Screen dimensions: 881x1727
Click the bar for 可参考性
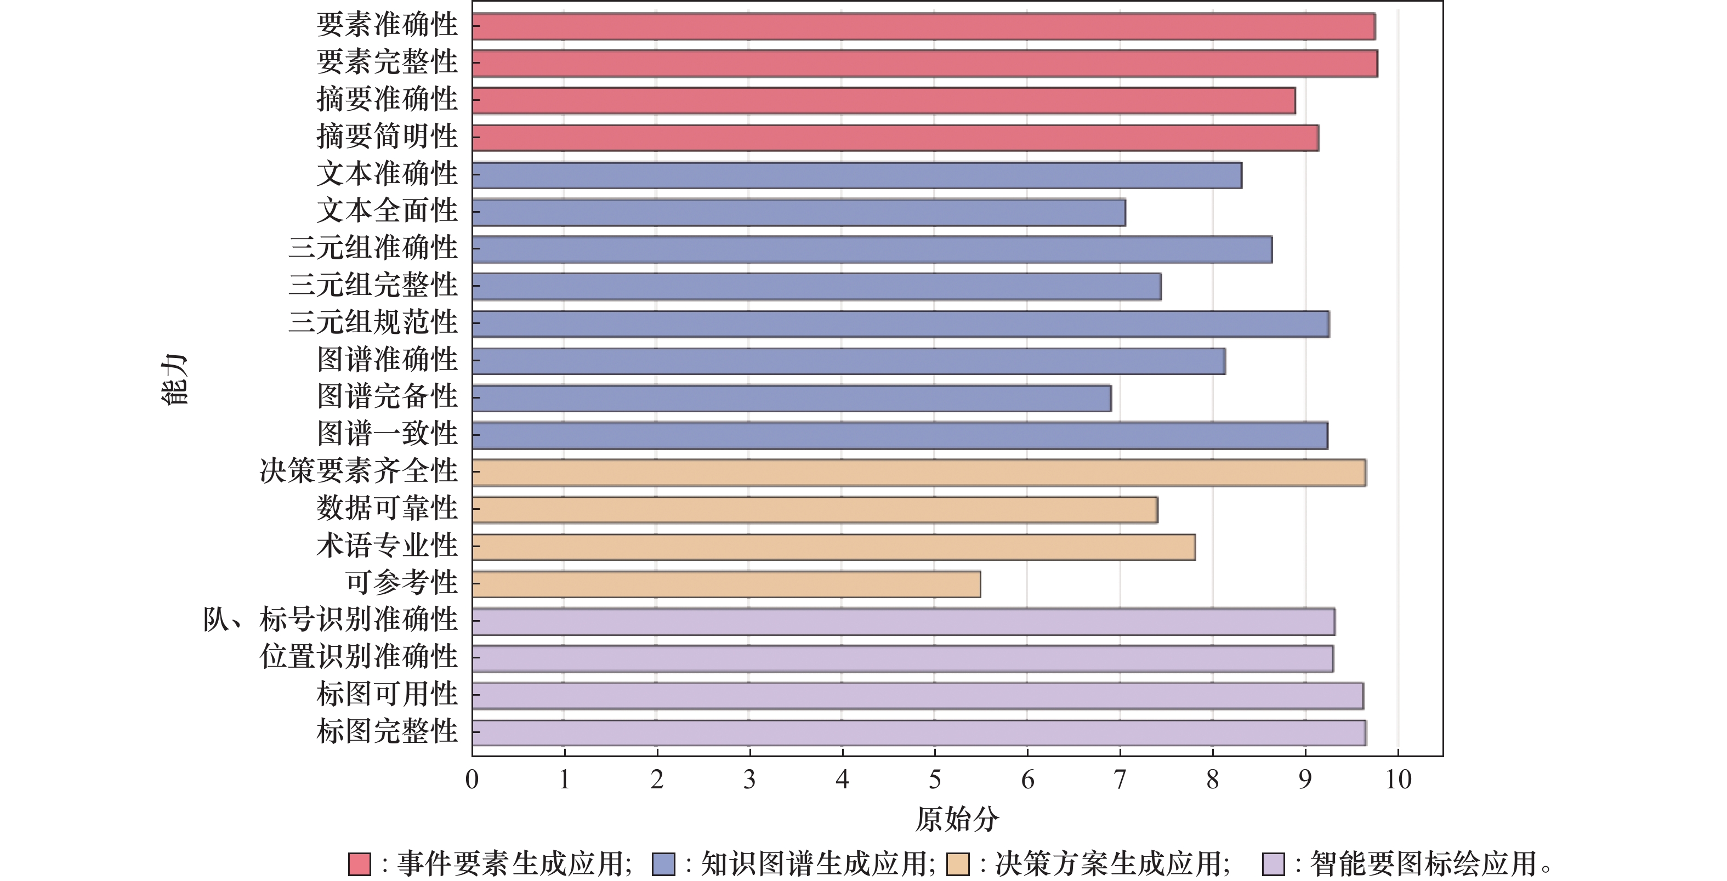coord(726,584)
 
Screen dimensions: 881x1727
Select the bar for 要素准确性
coord(923,27)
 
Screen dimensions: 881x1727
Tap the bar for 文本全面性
coord(798,213)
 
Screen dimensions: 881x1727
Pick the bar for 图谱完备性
coord(791,398)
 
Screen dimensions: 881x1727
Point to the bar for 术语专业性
coord(833,547)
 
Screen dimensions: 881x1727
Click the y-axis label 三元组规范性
coord(373,322)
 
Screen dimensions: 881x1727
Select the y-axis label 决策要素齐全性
coord(359,471)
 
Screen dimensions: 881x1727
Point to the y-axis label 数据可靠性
coord(387,508)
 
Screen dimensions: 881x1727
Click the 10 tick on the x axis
coord(1399,780)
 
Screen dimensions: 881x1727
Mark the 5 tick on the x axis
coord(935,780)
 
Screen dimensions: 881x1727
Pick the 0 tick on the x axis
coord(472,780)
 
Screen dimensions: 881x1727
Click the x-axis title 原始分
coord(957,819)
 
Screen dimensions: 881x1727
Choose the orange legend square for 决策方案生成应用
coord(958,864)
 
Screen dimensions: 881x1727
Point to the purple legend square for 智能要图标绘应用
coord(1273,864)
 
